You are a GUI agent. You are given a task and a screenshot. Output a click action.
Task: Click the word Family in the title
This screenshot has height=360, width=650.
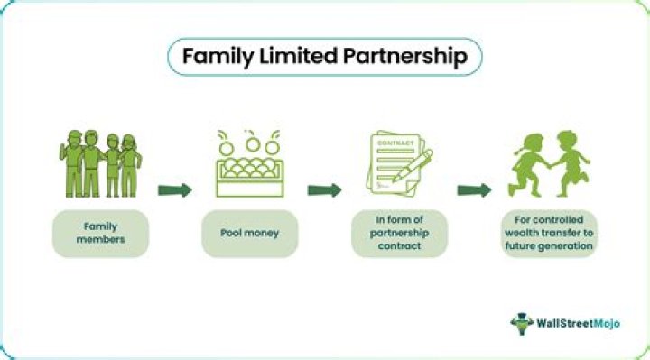click(x=214, y=56)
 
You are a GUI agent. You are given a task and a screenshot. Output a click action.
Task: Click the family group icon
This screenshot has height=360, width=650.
click(x=100, y=165)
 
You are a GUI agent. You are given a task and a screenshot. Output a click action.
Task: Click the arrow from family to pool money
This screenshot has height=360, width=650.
click(x=175, y=190)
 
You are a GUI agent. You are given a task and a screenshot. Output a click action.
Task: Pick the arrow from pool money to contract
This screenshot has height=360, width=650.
click(x=324, y=190)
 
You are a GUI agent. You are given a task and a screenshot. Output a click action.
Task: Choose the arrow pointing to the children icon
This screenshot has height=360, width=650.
click(x=474, y=190)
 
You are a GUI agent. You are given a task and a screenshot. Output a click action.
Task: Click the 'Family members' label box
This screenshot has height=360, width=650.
click(x=100, y=233)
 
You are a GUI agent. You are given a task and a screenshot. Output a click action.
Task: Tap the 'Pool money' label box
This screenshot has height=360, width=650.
click(x=249, y=233)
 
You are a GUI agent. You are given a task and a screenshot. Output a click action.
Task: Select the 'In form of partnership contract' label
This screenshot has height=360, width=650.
click(x=398, y=233)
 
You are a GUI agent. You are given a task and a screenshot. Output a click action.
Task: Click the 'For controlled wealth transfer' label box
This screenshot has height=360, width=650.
click(x=549, y=233)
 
